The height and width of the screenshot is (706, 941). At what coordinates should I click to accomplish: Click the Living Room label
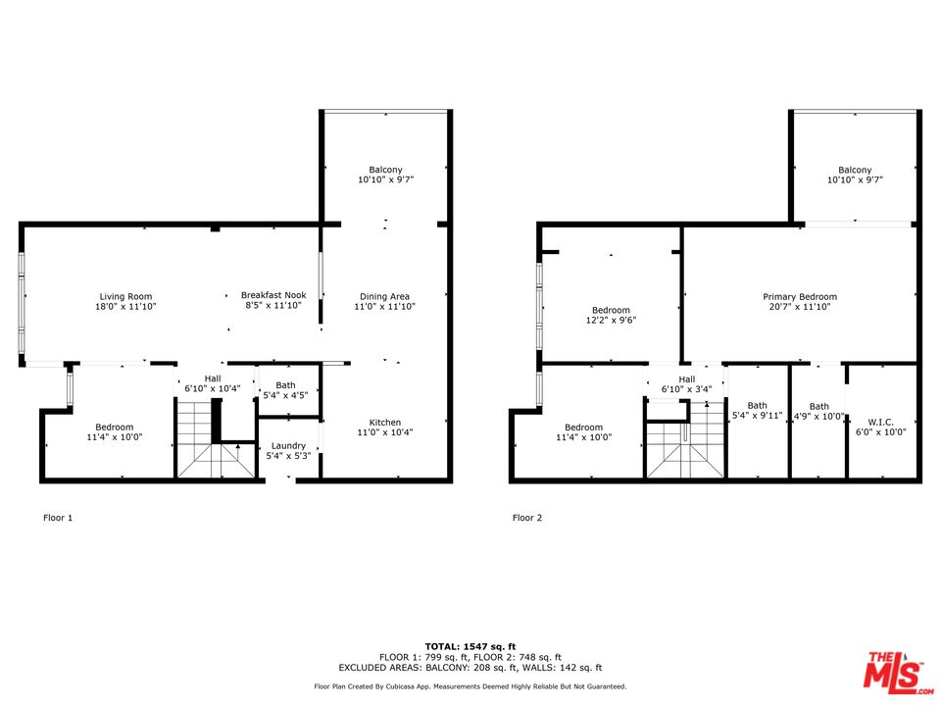(126, 296)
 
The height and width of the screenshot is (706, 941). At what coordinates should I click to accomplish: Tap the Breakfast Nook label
(273, 295)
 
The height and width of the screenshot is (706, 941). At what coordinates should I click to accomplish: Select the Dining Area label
(384, 296)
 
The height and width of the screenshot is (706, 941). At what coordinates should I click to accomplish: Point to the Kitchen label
(384, 423)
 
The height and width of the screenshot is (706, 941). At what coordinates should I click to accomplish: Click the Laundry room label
(288, 446)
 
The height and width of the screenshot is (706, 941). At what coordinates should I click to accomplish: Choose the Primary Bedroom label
(800, 296)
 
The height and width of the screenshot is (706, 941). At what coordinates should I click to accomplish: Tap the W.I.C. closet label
(881, 423)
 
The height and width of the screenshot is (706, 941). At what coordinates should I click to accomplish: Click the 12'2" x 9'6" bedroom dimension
(611, 320)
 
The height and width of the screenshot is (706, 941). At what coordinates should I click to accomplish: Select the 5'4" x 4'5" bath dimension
(285, 395)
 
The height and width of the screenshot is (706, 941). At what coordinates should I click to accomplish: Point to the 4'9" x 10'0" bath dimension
(819, 416)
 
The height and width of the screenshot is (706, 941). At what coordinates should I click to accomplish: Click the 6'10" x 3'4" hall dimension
(686, 389)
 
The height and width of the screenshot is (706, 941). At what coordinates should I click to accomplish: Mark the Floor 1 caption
(58, 518)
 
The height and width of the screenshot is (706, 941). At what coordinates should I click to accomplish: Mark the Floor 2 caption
(527, 518)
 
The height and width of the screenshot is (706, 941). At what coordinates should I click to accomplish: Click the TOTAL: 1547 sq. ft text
(470, 646)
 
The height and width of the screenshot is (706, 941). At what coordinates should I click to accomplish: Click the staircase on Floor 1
(216, 439)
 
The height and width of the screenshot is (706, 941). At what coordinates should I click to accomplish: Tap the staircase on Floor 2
(686, 440)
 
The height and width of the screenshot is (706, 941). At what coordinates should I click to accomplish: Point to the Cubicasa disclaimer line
(470, 686)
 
